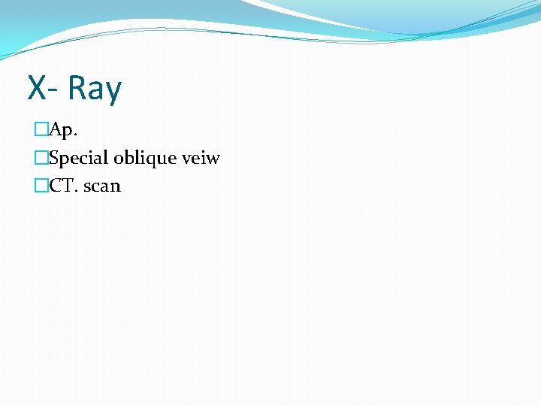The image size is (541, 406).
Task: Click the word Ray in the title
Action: click(x=94, y=88)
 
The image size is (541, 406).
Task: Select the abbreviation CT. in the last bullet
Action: click(x=64, y=186)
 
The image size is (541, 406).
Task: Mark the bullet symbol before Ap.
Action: click(x=41, y=131)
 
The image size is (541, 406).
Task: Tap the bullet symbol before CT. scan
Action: click(x=41, y=186)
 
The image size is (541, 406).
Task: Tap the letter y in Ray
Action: click(x=113, y=92)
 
